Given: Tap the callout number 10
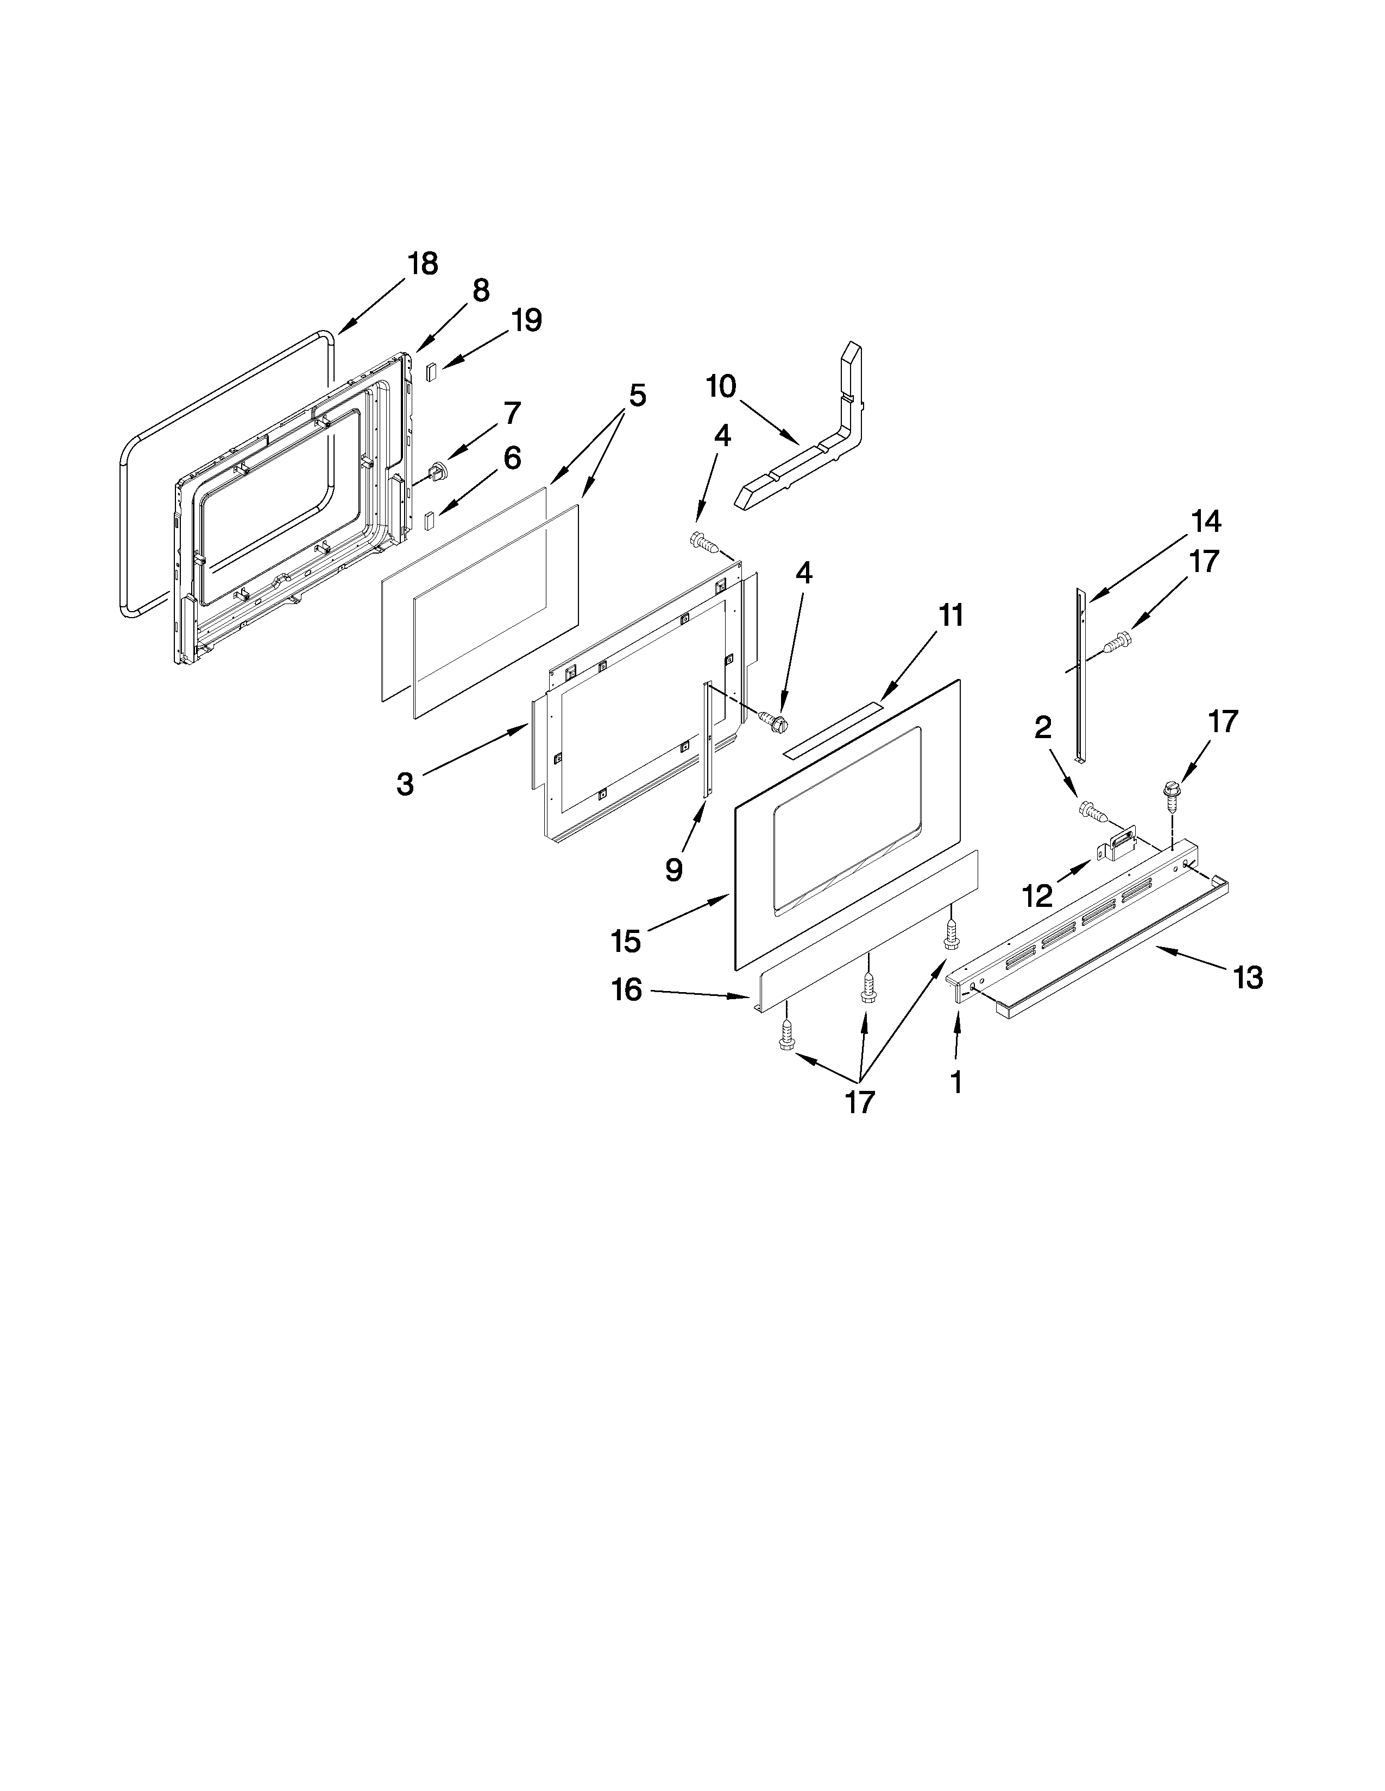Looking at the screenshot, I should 721,386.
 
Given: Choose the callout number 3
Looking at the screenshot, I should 405,784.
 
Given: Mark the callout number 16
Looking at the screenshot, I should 627,990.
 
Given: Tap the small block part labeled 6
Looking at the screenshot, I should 429,520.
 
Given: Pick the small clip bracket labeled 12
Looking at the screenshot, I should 1121,842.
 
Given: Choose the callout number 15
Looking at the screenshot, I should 626,941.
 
